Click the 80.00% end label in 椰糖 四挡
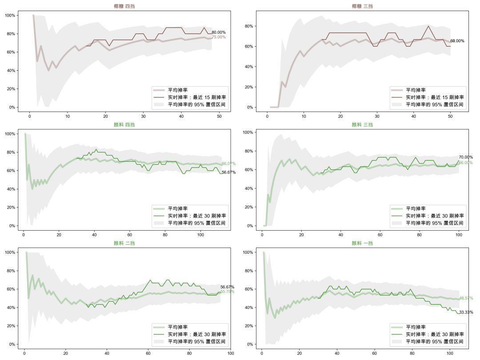[219, 32]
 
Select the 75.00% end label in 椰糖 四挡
[219, 37]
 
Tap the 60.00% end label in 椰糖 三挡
[457, 41]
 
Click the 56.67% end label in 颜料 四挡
[229, 172]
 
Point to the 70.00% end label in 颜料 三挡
[466, 157]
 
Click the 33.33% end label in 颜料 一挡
[466, 312]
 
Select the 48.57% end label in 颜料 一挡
[466, 298]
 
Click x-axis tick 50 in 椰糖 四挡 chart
[220, 116]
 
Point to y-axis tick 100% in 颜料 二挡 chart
[12, 252]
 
